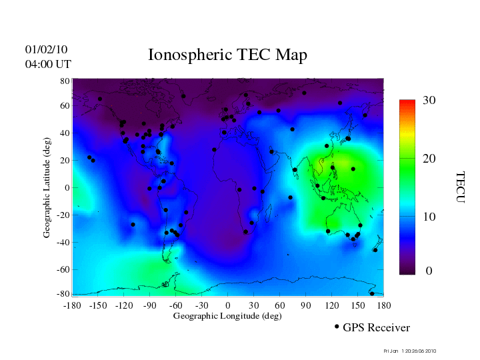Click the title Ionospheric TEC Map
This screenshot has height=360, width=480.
click(227, 55)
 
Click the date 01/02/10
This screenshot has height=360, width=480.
click(47, 49)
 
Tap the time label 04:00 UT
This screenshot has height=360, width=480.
click(48, 64)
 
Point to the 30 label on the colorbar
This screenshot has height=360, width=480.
click(429, 100)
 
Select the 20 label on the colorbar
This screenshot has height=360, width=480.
click(429, 160)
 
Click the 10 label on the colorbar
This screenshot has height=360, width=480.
click(429, 217)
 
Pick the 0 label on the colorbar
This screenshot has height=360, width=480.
click(429, 271)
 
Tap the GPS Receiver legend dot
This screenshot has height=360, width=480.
click(337, 327)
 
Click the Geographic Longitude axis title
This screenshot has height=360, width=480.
click(227, 315)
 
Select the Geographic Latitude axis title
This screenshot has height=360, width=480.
click(47, 192)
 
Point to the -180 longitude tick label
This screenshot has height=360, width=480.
click(72, 305)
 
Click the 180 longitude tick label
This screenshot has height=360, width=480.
click(383, 305)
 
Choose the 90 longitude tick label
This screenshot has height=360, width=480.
click(305, 305)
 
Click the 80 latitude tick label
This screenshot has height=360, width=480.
click(65, 81)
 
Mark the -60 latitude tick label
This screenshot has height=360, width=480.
click(63, 270)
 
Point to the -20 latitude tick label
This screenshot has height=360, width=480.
click(63, 215)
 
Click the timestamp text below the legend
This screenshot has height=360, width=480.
click(411, 350)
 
